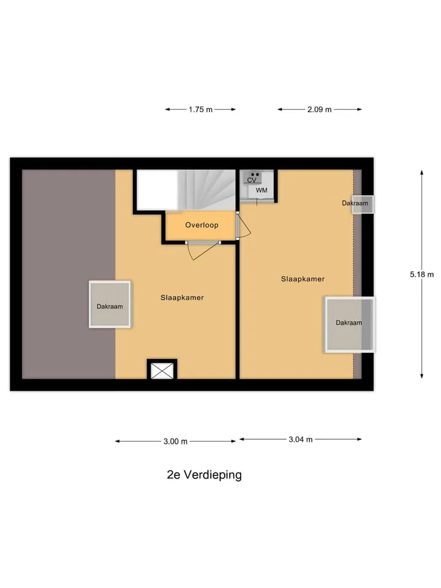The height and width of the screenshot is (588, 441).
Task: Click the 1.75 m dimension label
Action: coord(201,110)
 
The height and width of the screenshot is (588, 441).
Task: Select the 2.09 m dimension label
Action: coord(320,110)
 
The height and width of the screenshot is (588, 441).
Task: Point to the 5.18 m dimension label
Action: coord(422,274)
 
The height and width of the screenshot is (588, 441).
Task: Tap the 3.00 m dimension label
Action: coord(176,442)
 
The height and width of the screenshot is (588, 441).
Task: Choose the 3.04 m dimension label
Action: coord(301,440)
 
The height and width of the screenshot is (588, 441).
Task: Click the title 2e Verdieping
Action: coord(205,475)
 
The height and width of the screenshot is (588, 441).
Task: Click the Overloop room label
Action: coord(202,225)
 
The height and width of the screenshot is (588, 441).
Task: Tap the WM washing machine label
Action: coord(262,190)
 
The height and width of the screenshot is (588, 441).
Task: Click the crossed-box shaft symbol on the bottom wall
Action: coord(162,371)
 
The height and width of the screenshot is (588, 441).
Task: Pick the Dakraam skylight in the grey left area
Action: coord(110,304)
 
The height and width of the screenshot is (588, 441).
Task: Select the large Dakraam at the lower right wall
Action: coord(350,325)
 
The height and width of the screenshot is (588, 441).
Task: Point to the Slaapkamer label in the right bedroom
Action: coord(303,279)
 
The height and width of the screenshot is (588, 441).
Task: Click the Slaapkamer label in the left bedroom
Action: coord(183,298)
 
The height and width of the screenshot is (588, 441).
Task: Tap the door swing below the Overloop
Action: coord(203,251)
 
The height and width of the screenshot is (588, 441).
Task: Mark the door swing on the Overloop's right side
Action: coord(244,226)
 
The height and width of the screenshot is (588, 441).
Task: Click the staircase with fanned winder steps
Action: coord(206,190)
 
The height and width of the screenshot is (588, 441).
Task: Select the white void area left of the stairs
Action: coord(157,190)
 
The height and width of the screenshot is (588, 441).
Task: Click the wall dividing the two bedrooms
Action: coord(238,311)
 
